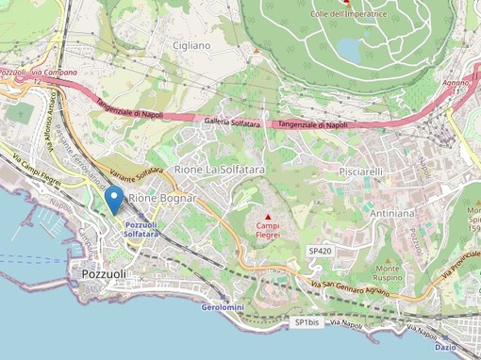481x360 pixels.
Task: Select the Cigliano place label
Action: coord(191,44)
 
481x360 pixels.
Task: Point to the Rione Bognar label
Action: coord(162,198)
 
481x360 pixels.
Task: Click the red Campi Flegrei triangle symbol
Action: coord(268,217)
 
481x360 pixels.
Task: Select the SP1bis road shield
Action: coord(307,322)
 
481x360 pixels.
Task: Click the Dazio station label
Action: coord(445,348)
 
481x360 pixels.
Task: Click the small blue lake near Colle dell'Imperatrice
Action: coord(347,48)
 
